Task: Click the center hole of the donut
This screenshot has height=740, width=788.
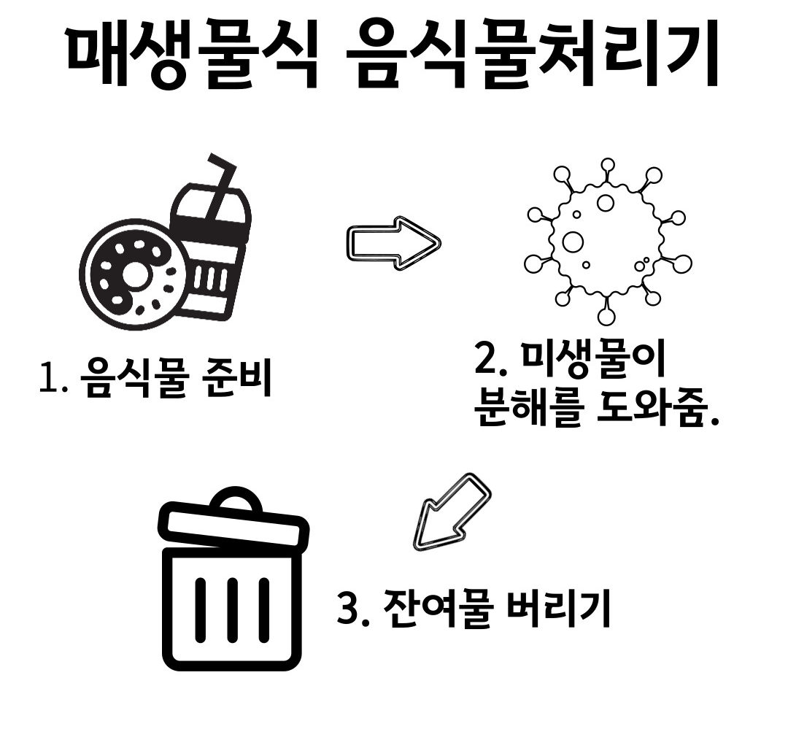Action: pyautogui.click(x=134, y=274)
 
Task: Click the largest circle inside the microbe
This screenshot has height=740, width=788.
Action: pyautogui.click(x=574, y=242)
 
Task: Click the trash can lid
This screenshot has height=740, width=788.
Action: pyautogui.click(x=233, y=524)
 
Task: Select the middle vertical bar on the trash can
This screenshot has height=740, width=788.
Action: pyautogui.click(x=232, y=609)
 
